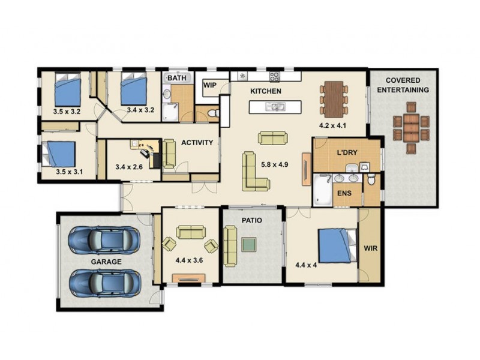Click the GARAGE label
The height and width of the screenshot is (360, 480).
[106, 262]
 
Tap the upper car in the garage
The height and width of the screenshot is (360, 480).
[104, 240]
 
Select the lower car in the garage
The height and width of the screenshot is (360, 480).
[104, 283]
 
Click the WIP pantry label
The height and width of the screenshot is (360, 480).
[209, 85]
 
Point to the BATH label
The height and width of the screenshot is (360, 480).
[176, 78]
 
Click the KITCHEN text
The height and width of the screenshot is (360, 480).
[266, 91]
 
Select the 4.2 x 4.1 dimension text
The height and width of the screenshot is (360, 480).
[333, 127]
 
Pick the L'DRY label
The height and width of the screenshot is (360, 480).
[347, 152]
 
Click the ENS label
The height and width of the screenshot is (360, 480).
[344, 193]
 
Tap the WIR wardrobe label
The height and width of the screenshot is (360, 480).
[370, 247]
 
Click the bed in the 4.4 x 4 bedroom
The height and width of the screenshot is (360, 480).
[336, 246]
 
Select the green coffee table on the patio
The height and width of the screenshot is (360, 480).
[249, 244]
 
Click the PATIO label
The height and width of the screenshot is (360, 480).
[252, 220]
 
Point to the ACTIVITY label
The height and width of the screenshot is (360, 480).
[197, 143]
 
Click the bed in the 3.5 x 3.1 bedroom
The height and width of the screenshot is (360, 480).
[59, 154]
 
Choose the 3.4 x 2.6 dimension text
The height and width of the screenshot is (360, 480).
[129, 167]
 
